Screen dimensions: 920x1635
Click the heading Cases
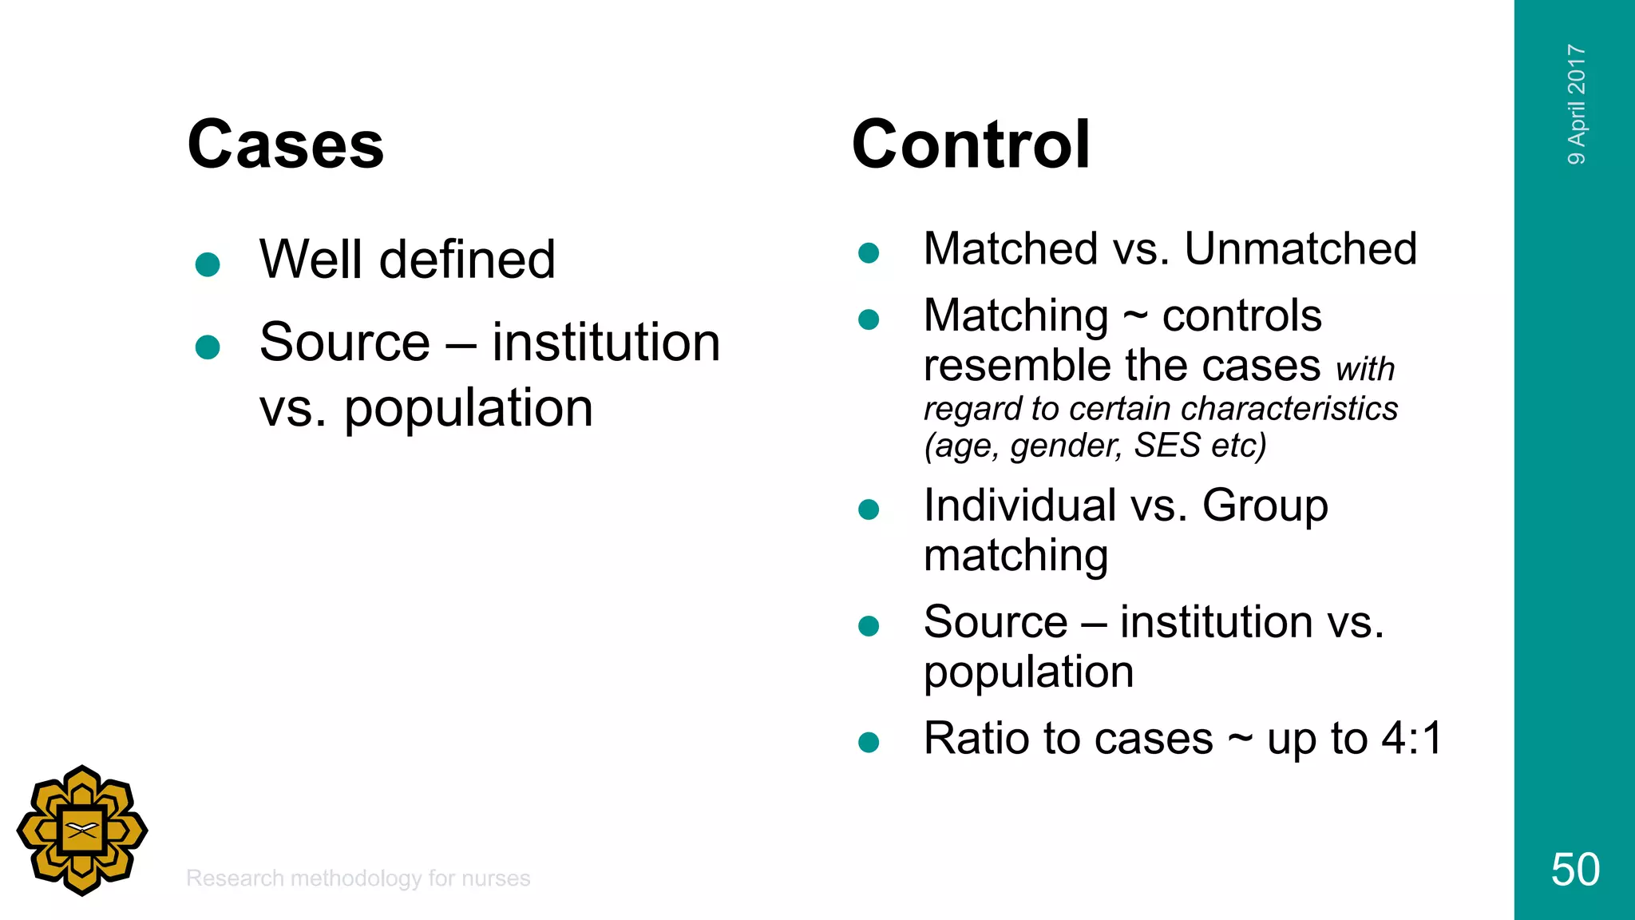tap(285, 145)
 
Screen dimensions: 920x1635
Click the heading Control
tap(970, 145)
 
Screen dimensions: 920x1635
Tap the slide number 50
tap(1574, 870)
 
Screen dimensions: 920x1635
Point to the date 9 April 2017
tap(1576, 105)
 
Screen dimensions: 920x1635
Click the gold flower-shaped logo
tap(82, 831)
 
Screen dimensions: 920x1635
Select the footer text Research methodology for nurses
tap(358, 878)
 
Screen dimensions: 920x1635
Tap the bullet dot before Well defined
tap(208, 264)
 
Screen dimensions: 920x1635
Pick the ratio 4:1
tap(1411, 738)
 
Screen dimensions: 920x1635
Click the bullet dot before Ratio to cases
tap(869, 743)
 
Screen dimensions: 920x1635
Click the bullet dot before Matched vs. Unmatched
tap(869, 254)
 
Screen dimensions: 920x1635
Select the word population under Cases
tap(468, 408)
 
